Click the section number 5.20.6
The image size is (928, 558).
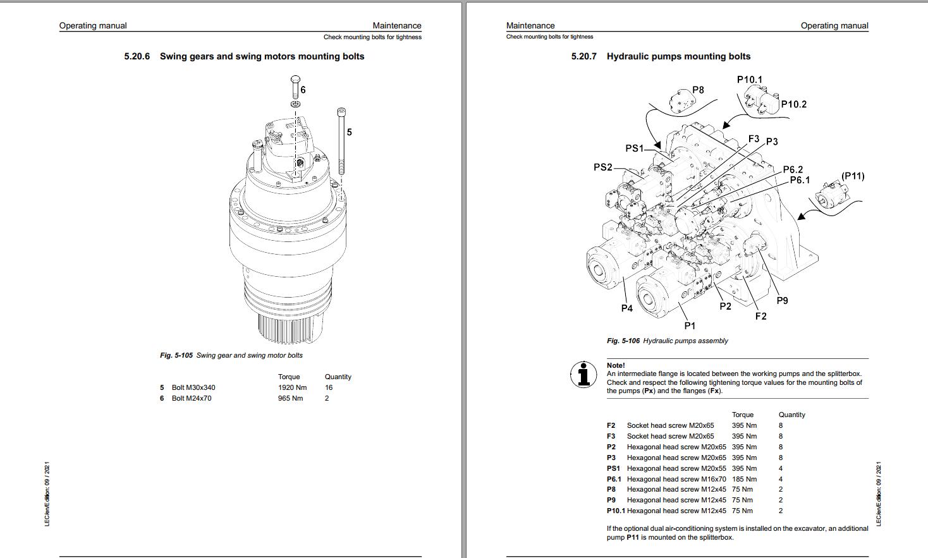(x=137, y=56)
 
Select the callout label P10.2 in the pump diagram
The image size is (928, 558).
(x=793, y=104)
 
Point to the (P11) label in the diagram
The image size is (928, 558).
(x=853, y=176)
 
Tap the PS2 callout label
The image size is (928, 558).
(x=603, y=167)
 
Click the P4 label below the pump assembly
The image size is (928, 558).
(x=626, y=308)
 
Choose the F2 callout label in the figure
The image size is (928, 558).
(x=760, y=316)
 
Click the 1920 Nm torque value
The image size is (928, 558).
(x=292, y=387)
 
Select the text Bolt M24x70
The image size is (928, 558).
(x=192, y=398)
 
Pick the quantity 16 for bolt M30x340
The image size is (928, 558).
(x=329, y=387)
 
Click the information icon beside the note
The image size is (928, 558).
(x=583, y=374)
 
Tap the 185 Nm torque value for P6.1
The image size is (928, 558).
(x=744, y=479)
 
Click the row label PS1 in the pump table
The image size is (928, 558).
(x=613, y=468)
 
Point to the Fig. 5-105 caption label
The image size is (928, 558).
(x=176, y=355)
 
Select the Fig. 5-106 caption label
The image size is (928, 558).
(x=623, y=341)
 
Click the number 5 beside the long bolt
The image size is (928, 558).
(x=349, y=132)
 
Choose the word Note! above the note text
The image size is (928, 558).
(x=616, y=365)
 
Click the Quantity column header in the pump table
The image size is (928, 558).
(x=791, y=415)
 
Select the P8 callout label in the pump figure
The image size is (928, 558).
(x=698, y=90)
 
